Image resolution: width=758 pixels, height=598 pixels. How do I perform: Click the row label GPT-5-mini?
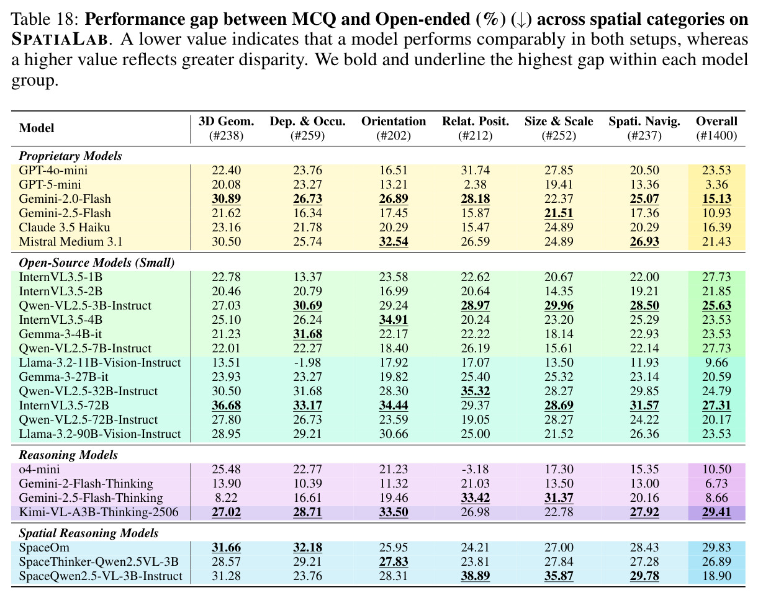coord(50,184)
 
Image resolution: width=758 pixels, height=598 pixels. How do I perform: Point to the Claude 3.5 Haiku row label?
coord(65,228)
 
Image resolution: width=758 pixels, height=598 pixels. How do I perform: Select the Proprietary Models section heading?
coord(70,156)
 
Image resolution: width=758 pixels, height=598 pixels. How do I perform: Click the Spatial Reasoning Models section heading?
coord(89,533)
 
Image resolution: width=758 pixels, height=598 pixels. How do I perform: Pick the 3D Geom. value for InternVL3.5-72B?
coord(226,406)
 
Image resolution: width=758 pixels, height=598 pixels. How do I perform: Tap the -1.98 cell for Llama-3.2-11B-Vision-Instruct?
coord(307,362)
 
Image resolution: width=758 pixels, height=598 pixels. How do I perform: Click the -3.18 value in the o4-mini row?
coord(475,469)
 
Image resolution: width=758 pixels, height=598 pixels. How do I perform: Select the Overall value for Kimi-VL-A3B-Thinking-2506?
coord(716,512)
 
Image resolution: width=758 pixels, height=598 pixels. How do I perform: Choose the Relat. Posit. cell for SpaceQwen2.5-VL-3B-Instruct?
coord(475,576)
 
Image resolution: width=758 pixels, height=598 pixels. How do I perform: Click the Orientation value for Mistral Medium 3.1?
coord(394,242)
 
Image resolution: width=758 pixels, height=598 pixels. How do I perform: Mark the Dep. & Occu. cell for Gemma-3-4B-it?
coord(307,334)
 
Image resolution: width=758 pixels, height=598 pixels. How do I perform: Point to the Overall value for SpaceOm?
coord(716,548)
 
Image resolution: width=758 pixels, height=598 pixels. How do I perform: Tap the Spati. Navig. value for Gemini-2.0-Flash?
coord(644,199)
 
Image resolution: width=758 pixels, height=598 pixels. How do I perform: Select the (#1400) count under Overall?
coord(716,136)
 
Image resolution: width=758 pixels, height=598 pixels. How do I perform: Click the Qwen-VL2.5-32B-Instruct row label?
coord(88,391)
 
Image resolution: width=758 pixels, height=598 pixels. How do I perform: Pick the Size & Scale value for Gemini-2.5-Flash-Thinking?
coord(559,498)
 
